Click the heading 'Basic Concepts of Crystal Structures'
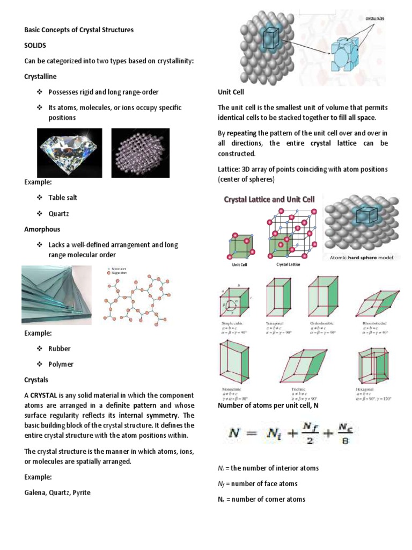coord(79,30)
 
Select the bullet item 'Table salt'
coord(63,198)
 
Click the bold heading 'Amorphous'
coord(42,229)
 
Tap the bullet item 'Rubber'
coord(60,349)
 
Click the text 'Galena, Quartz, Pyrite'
coord(57,492)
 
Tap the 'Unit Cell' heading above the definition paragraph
coord(231,92)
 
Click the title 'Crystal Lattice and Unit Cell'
coord(269,199)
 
